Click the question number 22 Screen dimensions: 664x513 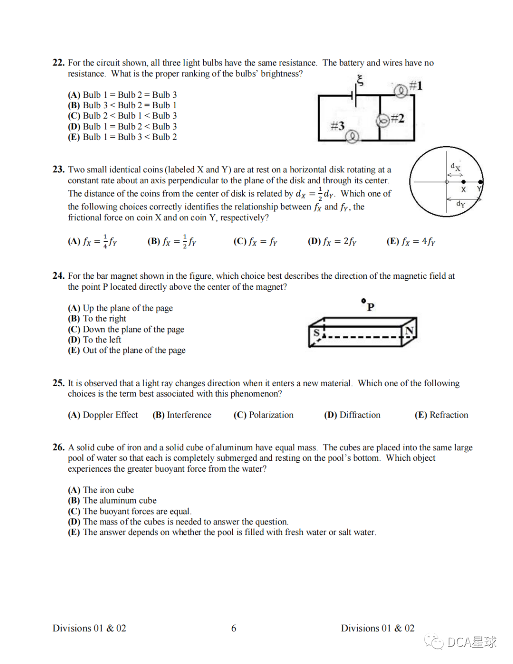(x=58, y=63)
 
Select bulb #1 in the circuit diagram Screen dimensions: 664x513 (x=400, y=90)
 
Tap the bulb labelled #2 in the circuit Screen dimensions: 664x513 (x=383, y=121)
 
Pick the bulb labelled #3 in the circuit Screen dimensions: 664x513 (x=352, y=137)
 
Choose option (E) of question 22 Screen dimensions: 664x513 (x=123, y=137)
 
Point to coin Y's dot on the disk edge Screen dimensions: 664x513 (x=480, y=182)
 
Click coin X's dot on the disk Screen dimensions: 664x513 (x=463, y=182)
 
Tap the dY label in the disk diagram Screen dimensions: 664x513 (x=460, y=204)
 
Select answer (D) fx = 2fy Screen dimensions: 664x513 (x=332, y=241)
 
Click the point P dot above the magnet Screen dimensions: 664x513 (x=363, y=301)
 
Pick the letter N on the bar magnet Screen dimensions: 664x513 (x=409, y=330)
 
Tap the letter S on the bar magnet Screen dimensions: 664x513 (x=316, y=332)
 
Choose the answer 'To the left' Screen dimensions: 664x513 (x=95, y=340)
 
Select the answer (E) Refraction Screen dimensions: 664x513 (x=441, y=415)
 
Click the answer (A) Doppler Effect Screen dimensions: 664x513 (x=103, y=415)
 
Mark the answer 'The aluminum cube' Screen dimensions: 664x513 (x=112, y=500)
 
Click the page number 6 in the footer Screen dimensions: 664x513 (x=234, y=628)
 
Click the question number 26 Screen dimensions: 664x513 (x=58, y=447)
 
